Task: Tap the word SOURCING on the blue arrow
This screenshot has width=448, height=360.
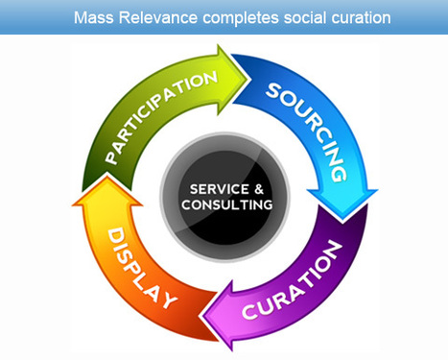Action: click(x=306, y=125)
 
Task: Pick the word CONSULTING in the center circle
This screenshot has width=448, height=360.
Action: click(x=223, y=204)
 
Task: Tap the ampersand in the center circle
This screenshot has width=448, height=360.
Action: click(x=253, y=188)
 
